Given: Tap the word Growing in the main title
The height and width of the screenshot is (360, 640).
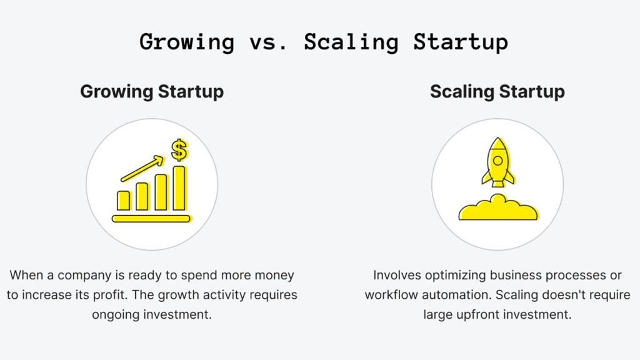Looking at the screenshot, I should [x=187, y=42].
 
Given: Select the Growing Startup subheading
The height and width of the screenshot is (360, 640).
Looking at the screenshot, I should [x=152, y=92].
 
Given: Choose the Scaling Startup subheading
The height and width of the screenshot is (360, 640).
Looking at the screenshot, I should [x=497, y=92].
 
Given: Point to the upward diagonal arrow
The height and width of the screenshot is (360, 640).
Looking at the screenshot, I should [x=142, y=169].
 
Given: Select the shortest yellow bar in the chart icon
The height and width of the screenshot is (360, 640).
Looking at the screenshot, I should [x=124, y=201].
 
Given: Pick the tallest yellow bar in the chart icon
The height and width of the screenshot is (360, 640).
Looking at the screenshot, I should [x=179, y=188].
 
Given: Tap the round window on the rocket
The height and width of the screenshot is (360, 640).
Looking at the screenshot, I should [x=497, y=161].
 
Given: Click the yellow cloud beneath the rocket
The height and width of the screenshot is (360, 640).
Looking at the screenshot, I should [x=497, y=209].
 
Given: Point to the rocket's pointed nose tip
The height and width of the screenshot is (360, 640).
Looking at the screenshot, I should [x=497, y=139].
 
